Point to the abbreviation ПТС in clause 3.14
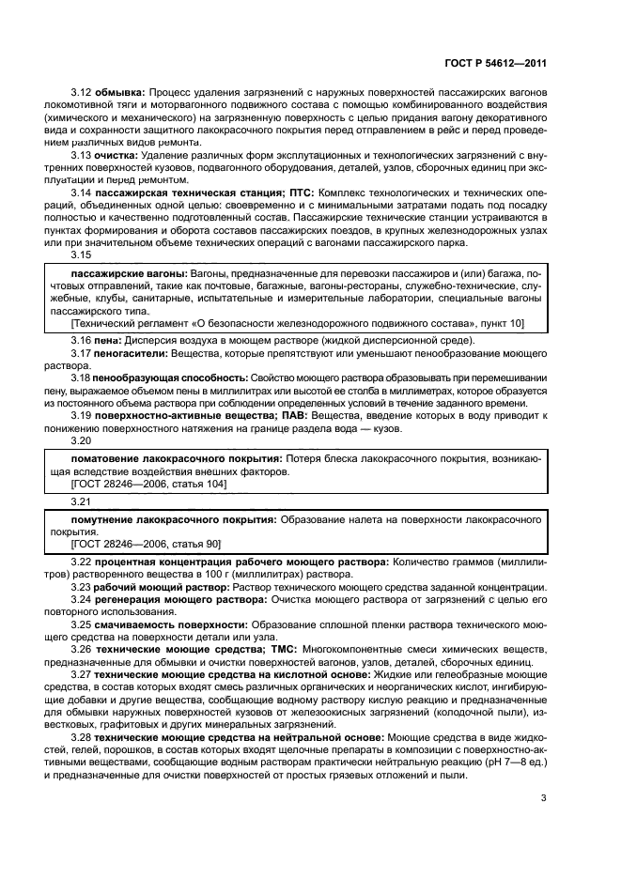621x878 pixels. pos(292,192)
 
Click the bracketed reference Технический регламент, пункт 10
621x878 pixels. pos(298,323)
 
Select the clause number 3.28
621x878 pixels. pos(81,738)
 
